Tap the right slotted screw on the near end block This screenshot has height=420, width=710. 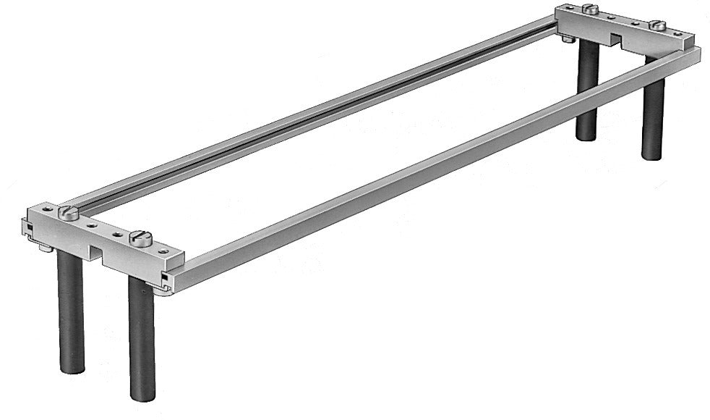[140, 237]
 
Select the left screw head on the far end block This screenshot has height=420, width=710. [591, 9]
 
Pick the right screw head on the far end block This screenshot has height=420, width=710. [657, 25]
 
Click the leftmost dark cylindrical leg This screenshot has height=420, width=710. [71, 311]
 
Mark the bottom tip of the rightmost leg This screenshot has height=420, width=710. [653, 156]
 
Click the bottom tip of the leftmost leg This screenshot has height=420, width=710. [72, 370]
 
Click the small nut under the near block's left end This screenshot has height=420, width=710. [45, 248]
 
